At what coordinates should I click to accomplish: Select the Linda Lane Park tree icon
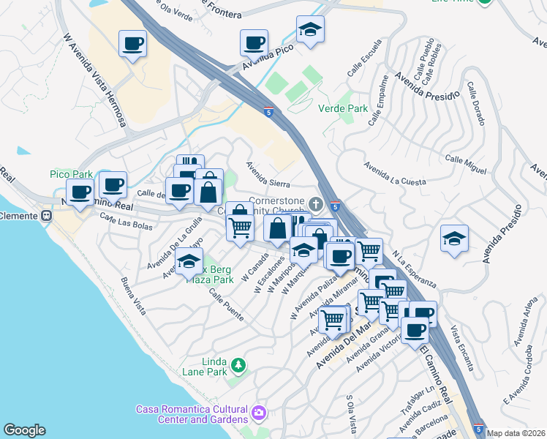pos(238,364)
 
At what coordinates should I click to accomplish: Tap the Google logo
pos(24,430)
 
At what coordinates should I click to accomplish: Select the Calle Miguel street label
pos(465,164)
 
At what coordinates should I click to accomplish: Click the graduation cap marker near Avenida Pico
pos(310,30)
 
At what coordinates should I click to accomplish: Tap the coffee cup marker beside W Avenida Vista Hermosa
pos(132,44)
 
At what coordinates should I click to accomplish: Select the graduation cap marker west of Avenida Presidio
pos(454,239)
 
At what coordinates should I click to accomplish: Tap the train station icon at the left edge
pos(46,216)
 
